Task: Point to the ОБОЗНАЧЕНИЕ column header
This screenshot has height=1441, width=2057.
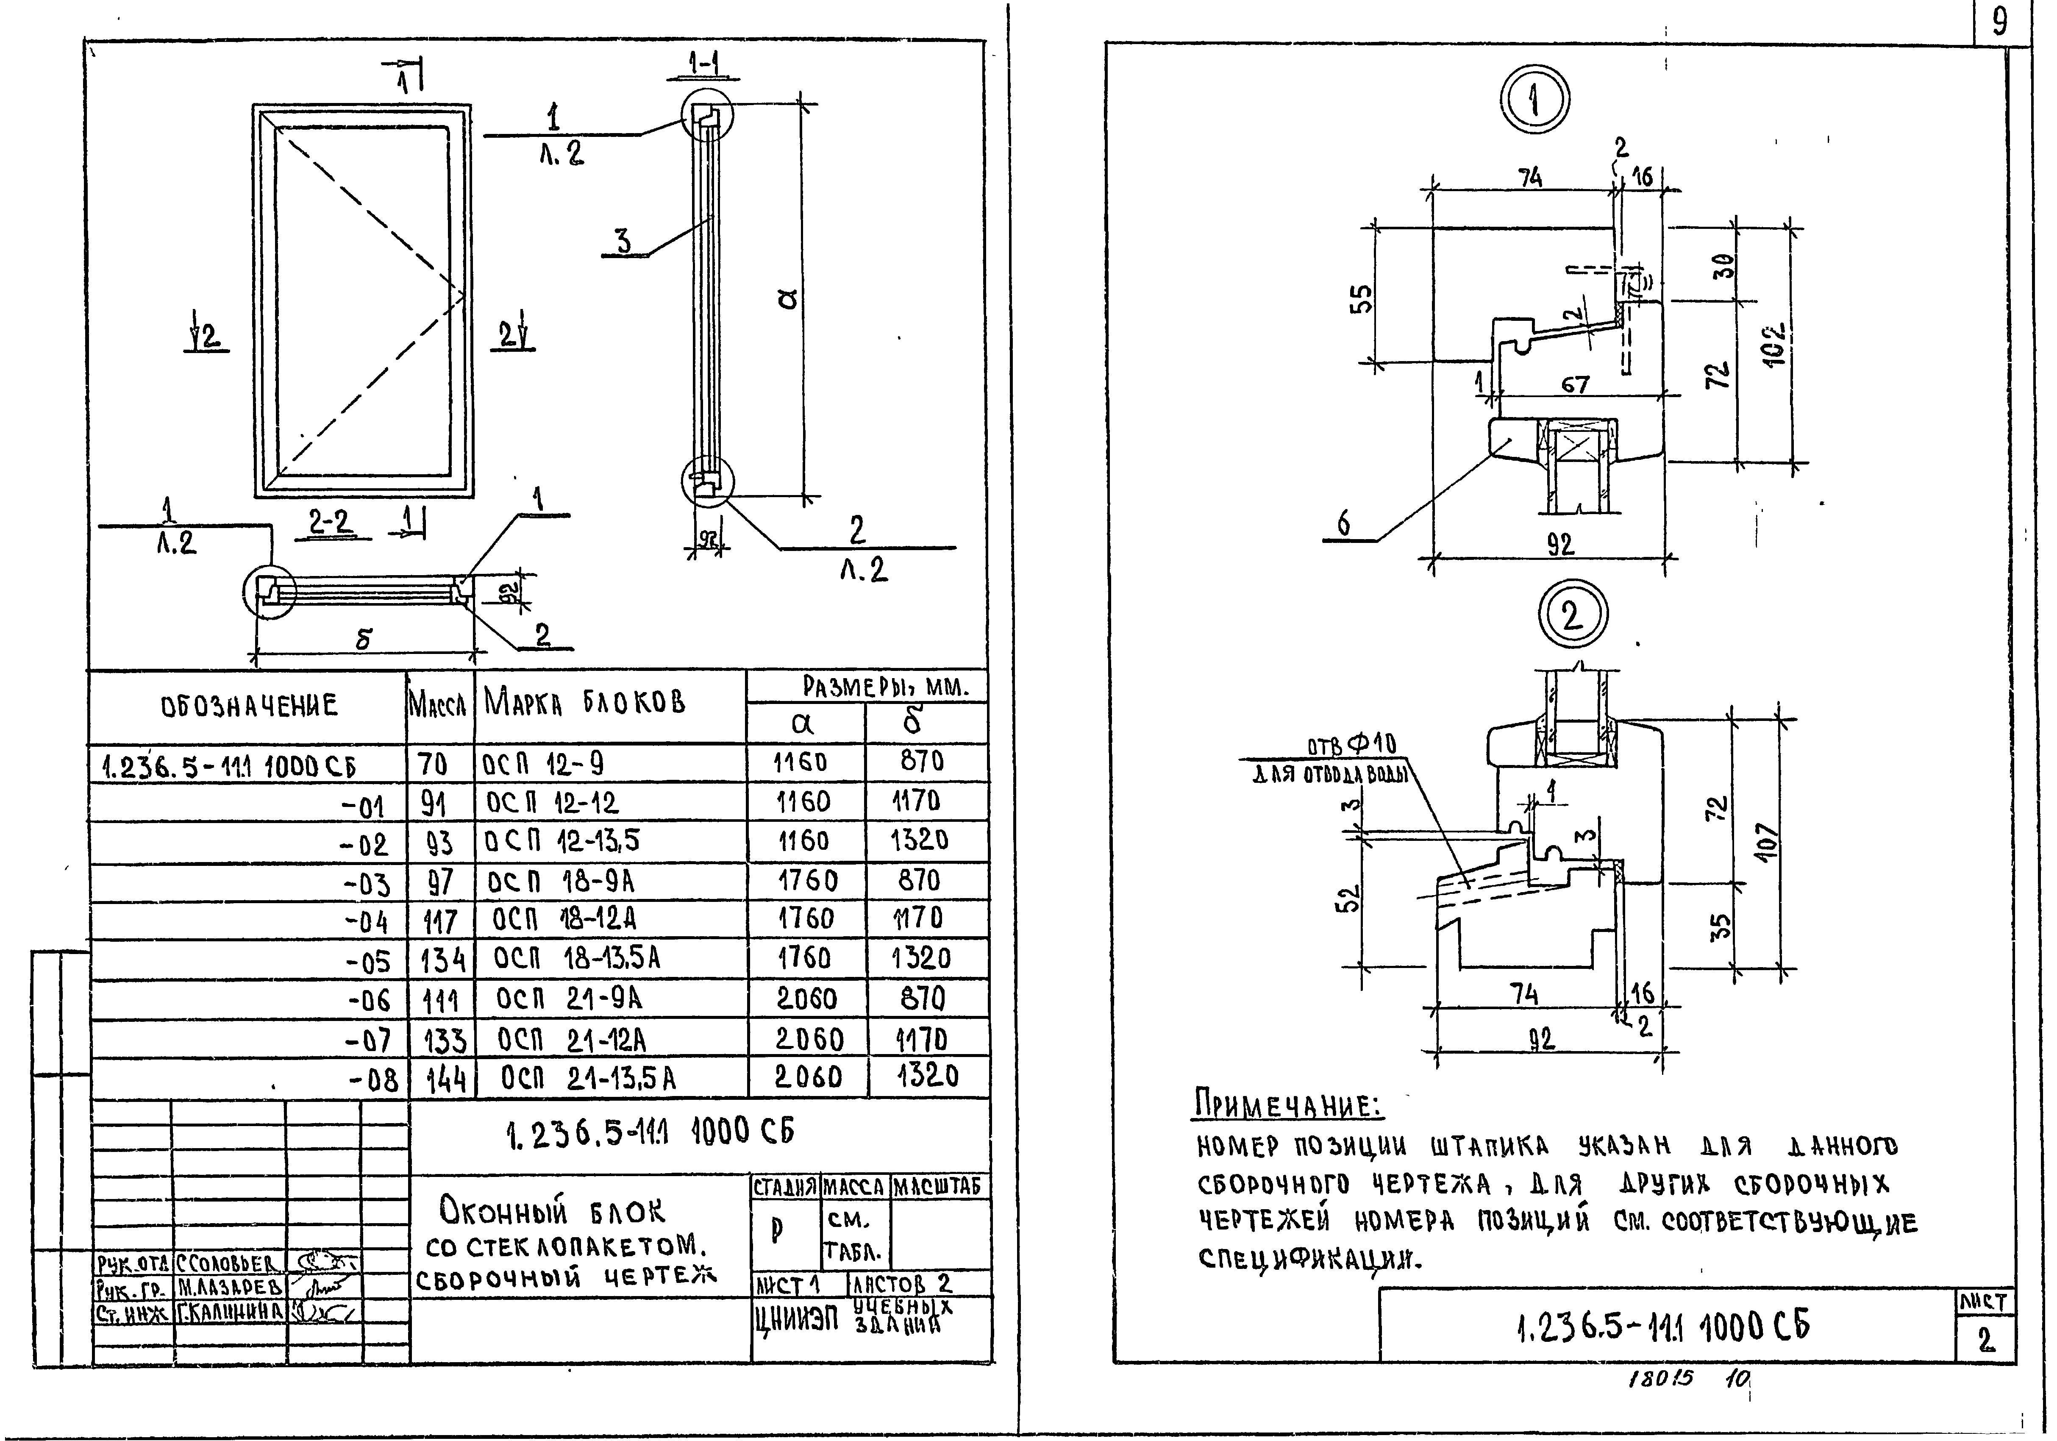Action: (x=249, y=706)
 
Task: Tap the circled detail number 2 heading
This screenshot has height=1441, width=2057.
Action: (x=1572, y=616)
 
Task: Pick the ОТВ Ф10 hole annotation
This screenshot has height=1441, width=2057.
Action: (x=1351, y=746)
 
